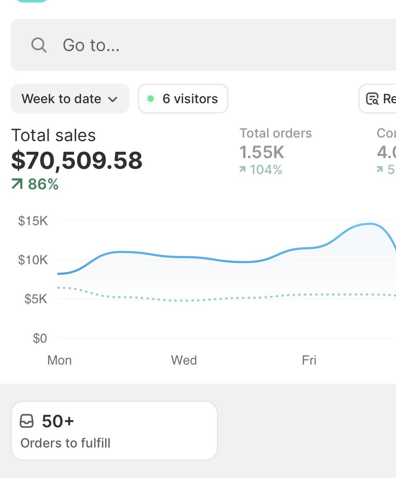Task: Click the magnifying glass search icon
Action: [39, 45]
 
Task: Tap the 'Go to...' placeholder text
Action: [91, 45]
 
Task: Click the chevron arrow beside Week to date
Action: [112, 99]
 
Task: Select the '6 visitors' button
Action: [183, 99]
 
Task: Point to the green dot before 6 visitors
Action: [151, 99]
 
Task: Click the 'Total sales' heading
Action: [53, 135]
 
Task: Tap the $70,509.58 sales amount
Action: [77, 160]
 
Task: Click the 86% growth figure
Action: [43, 184]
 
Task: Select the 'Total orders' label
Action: [276, 133]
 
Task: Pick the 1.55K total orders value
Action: [262, 152]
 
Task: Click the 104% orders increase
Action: [266, 170]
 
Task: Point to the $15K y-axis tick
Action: [33, 221]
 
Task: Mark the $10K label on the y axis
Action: [33, 260]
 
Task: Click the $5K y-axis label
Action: [35, 299]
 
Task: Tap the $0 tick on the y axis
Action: [40, 338]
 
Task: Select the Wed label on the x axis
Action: [184, 360]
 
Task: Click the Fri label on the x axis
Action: [309, 360]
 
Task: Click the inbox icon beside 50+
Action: [27, 421]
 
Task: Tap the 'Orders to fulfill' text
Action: [66, 443]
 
